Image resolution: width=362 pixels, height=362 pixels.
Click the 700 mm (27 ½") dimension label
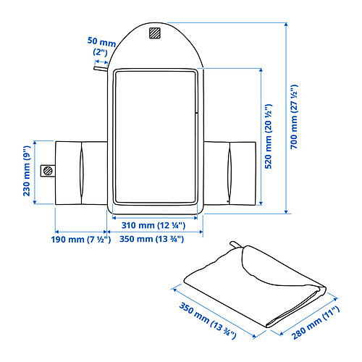[294, 117]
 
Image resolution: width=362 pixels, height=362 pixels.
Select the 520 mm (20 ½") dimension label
[269, 136]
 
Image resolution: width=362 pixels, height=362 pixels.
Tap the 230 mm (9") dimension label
[27, 171]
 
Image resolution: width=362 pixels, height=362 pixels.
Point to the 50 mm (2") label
[101, 46]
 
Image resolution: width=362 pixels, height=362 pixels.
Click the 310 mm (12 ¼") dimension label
[153, 225]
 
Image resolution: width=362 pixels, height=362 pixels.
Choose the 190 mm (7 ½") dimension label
[81, 240]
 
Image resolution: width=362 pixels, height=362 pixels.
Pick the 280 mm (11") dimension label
[316, 322]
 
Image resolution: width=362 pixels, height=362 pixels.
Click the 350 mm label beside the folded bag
[207, 320]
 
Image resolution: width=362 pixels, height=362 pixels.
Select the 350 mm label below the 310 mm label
[152, 239]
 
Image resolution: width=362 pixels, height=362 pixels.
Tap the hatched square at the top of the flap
[154, 33]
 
